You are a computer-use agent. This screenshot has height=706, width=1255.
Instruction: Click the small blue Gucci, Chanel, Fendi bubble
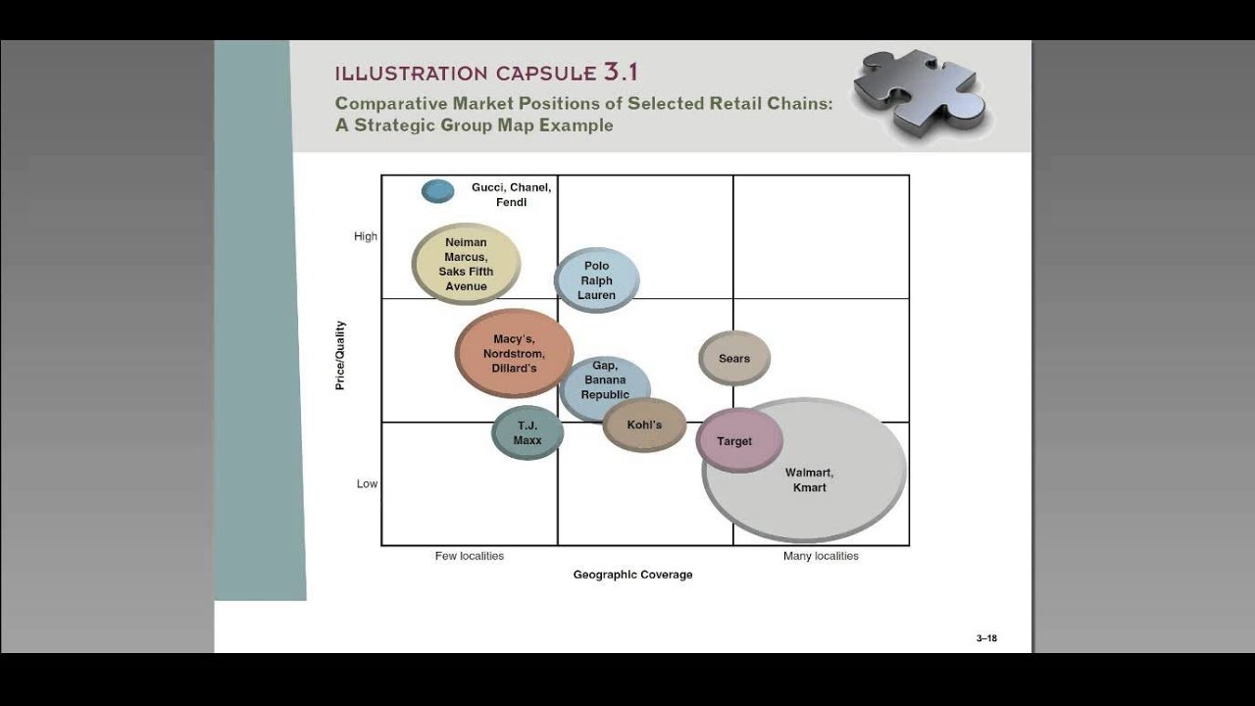pos(437,191)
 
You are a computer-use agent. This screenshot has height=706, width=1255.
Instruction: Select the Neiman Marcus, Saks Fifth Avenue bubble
pos(466,264)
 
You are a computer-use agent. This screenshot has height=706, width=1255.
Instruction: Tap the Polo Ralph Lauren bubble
pos(596,280)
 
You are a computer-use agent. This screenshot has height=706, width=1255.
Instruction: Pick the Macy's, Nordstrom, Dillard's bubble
pos(514,353)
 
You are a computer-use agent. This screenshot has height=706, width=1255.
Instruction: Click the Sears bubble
pos(734,358)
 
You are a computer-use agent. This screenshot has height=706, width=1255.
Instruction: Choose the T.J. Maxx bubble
pos(527,433)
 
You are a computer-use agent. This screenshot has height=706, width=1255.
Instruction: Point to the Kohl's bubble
pos(644,425)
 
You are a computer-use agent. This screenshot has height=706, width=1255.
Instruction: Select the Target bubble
pos(739,440)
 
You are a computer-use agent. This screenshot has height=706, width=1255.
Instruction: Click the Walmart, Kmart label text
pos(810,480)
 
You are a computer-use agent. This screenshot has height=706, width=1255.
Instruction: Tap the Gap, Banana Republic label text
pos(605,380)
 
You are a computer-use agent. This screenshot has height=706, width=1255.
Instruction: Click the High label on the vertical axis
pos(366,236)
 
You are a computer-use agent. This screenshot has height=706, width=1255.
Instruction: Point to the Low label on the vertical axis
pos(367,483)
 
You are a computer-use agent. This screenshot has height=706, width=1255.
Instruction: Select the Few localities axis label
pos(470,556)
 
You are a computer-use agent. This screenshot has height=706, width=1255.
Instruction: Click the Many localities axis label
pos(821,556)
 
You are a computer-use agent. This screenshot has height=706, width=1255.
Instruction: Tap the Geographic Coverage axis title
pos(632,575)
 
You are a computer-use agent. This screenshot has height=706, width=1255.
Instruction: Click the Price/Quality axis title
pos(340,355)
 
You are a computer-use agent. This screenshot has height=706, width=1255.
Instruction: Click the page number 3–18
pos(986,638)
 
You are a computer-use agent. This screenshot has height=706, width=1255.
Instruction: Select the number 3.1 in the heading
pos(621,72)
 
